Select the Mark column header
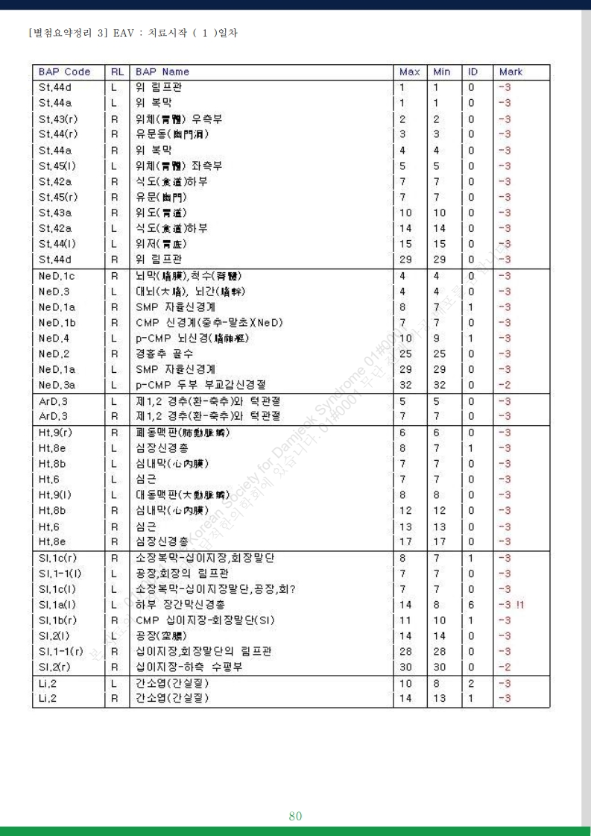tap(511, 72)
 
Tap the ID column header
tap(473, 72)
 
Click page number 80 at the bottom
tap(295, 816)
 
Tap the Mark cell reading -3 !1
tap(511, 605)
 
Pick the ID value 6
tap(471, 605)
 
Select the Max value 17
tap(405, 542)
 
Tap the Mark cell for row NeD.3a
tap(505, 386)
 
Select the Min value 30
tap(440, 667)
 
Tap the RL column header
tap(117, 72)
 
